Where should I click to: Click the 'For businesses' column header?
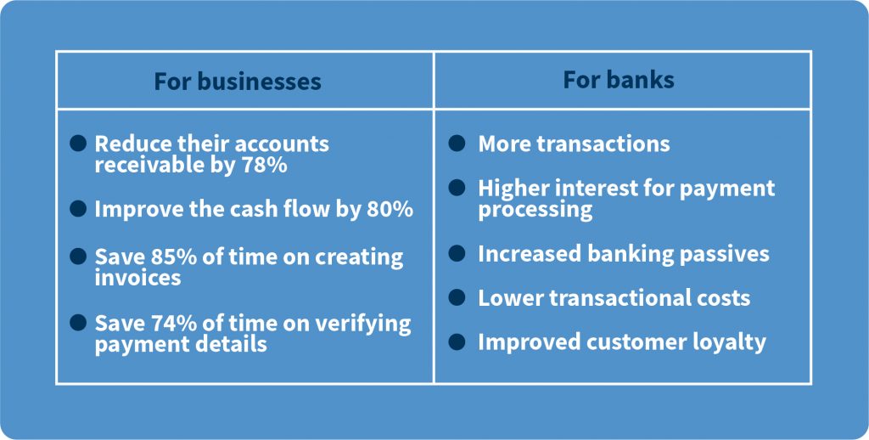coord(238,82)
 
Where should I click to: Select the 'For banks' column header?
coord(619,80)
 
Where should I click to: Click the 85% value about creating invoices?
coord(169,257)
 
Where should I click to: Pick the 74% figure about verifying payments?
coord(169,323)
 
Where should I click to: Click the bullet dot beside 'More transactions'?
coord(457,143)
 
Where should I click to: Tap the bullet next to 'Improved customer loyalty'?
coord(457,341)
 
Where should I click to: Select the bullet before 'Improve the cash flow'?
coord(78,209)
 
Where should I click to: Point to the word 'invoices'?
coord(137,278)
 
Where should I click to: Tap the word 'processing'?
coord(535,211)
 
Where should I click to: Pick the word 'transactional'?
coord(613,298)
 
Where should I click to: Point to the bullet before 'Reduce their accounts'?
coord(78,143)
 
